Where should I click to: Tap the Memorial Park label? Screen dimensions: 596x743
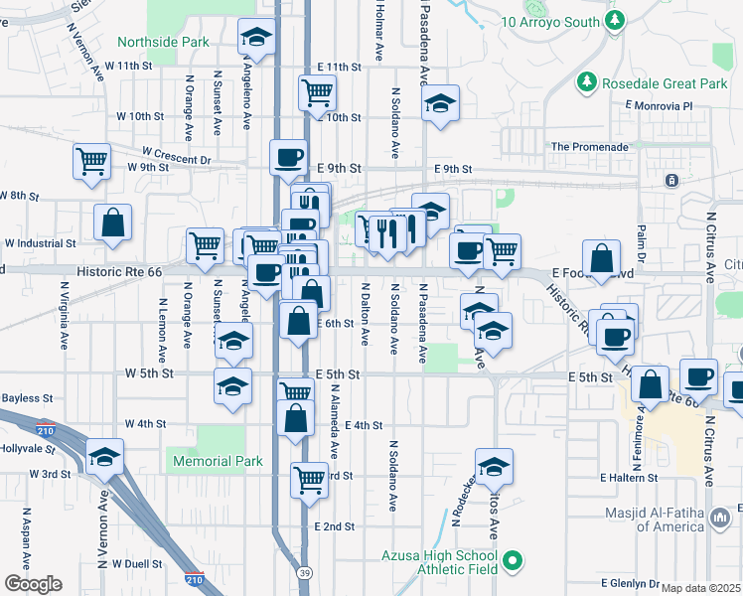point(218,461)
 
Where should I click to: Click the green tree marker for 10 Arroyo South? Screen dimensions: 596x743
point(616,20)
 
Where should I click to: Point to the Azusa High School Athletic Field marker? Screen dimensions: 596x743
point(513,563)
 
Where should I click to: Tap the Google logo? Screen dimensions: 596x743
point(32,584)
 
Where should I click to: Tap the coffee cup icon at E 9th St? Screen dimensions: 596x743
point(288,156)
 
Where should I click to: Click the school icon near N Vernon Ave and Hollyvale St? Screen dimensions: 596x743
point(104,457)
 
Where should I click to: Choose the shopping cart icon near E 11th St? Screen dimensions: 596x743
point(317,93)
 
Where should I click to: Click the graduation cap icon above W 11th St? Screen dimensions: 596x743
point(257,40)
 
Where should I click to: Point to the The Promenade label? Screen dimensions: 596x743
point(590,147)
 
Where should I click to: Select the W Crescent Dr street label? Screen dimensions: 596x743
point(177,156)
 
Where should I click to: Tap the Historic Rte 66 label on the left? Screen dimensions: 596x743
point(118,270)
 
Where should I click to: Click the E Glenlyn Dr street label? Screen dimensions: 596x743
point(630,583)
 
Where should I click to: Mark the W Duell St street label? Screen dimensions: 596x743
point(137,563)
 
